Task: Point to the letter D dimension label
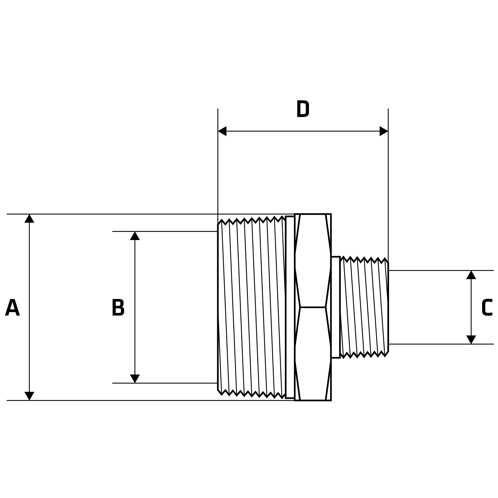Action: [303, 109]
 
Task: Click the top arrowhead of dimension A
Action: [29, 219]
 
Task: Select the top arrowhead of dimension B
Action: [135, 236]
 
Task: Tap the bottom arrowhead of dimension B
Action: [135, 378]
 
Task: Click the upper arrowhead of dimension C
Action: [471, 275]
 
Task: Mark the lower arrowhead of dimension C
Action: [471, 339]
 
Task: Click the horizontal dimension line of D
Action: [303, 131]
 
